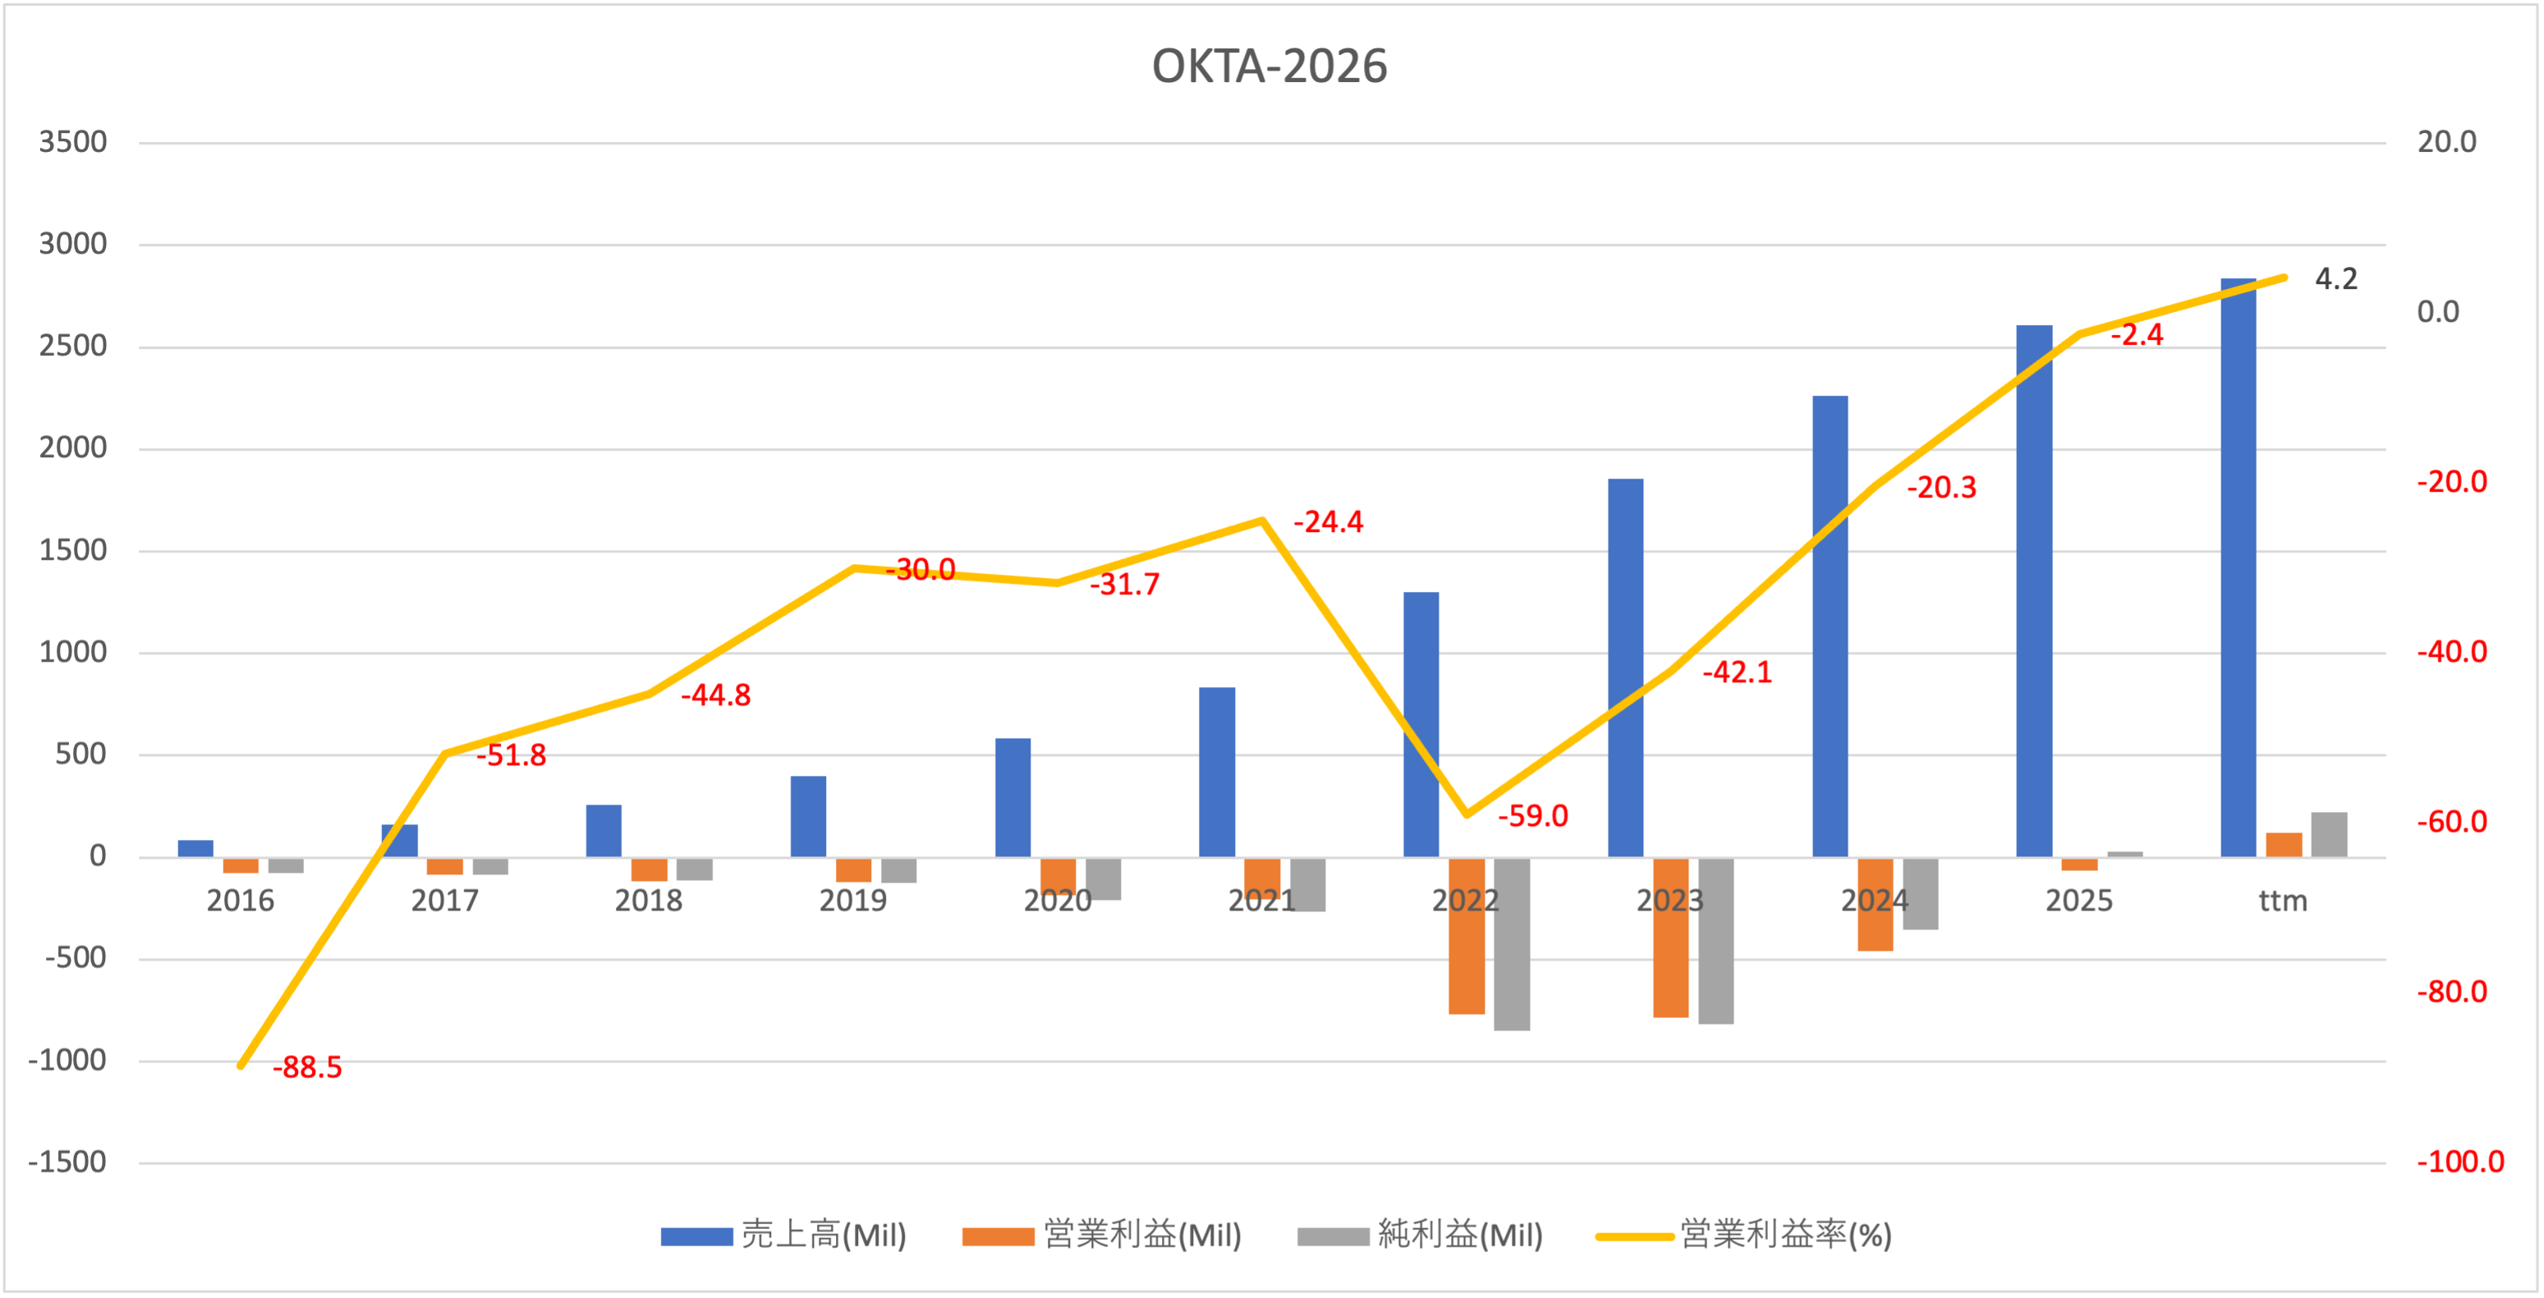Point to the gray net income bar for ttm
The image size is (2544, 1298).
point(2329,834)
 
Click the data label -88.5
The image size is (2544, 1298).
point(307,1067)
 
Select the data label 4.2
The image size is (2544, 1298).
point(2335,279)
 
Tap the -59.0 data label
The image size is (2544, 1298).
point(1532,816)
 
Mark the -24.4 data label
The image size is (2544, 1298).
point(1329,522)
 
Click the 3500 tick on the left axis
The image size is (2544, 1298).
point(73,142)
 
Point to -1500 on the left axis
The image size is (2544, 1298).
point(67,1162)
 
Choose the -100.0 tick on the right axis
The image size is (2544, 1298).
point(2460,1162)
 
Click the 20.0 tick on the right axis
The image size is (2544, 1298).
point(2446,142)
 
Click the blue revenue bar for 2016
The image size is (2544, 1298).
point(195,849)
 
